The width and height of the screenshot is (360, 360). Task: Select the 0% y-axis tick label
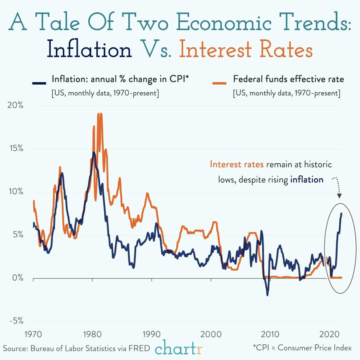click(x=18, y=278)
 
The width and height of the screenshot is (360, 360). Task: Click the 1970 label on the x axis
click(x=33, y=334)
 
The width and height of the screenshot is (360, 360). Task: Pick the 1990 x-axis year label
click(x=152, y=334)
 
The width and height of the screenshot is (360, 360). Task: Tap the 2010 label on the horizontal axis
click(x=270, y=334)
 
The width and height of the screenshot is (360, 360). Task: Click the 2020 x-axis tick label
click(x=329, y=334)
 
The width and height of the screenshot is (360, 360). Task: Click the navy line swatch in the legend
click(x=39, y=83)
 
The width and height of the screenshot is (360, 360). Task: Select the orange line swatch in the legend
click(x=219, y=83)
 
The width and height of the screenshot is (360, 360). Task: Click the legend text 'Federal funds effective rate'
click(x=288, y=79)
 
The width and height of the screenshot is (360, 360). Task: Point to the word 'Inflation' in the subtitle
click(x=89, y=50)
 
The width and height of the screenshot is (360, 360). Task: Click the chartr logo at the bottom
click(x=178, y=348)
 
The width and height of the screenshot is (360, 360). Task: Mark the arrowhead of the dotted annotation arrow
click(x=339, y=196)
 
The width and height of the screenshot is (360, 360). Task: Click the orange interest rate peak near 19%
click(x=99, y=114)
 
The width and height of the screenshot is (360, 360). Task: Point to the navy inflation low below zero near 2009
click(x=267, y=295)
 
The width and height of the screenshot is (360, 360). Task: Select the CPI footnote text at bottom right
click(x=302, y=348)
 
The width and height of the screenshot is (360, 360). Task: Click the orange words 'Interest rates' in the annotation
click(x=236, y=164)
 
